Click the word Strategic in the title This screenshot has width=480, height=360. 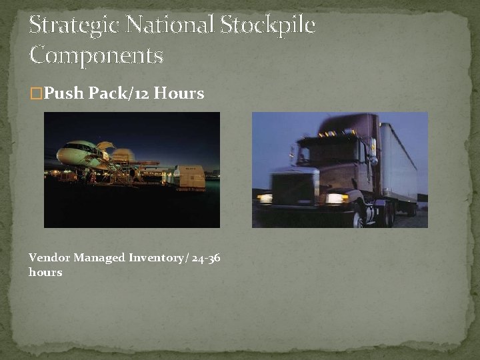pos(75,26)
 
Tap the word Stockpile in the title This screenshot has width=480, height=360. pos(267,26)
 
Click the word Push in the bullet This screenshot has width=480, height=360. pos(64,93)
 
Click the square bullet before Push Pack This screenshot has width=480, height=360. pos(36,94)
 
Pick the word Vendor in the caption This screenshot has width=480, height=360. pos(49,257)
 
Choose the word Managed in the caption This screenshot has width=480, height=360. pos(99,257)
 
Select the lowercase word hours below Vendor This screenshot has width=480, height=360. pos(45,272)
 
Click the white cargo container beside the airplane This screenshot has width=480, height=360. pos(189,177)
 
